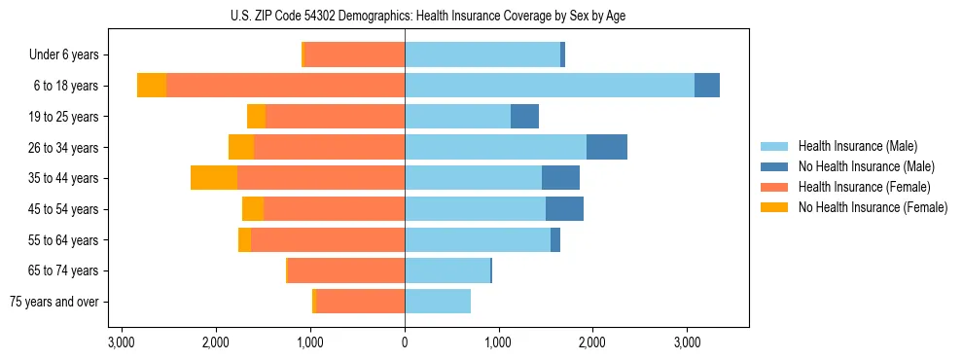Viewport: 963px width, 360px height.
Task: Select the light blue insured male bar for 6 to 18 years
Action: tap(549, 86)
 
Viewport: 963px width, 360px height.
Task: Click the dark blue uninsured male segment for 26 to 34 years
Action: tap(606, 147)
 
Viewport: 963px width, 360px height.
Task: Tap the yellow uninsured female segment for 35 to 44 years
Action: tap(214, 178)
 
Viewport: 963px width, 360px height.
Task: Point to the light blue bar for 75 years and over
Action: tap(438, 302)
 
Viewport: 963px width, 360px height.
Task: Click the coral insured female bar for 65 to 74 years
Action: tap(346, 270)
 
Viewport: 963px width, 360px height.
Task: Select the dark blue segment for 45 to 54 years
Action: tap(564, 209)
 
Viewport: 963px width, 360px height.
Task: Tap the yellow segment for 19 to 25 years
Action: tap(256, 117)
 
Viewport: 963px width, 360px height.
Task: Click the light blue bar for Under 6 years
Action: tap(482, 54)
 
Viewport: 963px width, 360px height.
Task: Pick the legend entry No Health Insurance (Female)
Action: tap(873, 207)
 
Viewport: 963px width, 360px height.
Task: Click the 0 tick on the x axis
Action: tap(405, 342)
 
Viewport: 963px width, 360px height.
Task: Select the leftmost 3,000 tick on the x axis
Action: tap(122, 342)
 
